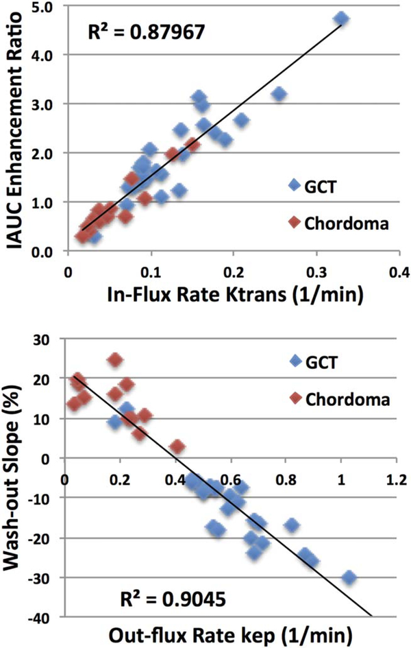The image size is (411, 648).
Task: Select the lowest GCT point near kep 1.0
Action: [349, 577]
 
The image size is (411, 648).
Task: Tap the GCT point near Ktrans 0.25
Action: [279, 94]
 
